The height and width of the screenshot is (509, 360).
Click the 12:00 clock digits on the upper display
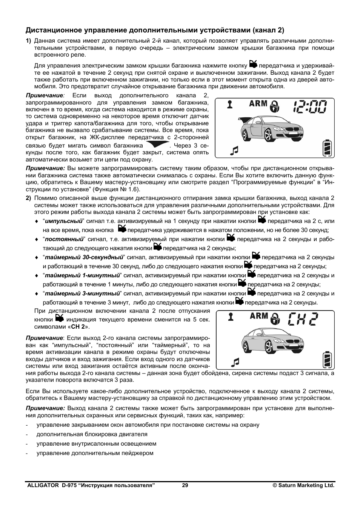(x=309, y=107)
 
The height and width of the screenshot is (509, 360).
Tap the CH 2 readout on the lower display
(x=302, y=320)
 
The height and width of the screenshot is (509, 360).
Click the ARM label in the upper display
(x=258, y=103)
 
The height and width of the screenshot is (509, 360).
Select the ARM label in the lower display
(x=259, y=315)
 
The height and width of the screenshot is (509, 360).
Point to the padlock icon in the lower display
(x=276, y=319)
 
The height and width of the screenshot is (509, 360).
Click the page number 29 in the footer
(x=185, y=486)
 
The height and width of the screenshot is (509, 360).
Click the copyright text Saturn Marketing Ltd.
(x=304, y=486)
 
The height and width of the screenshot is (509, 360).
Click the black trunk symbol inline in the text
(x=157, y=145)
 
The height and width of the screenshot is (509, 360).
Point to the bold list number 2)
(x=28, y=198)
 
